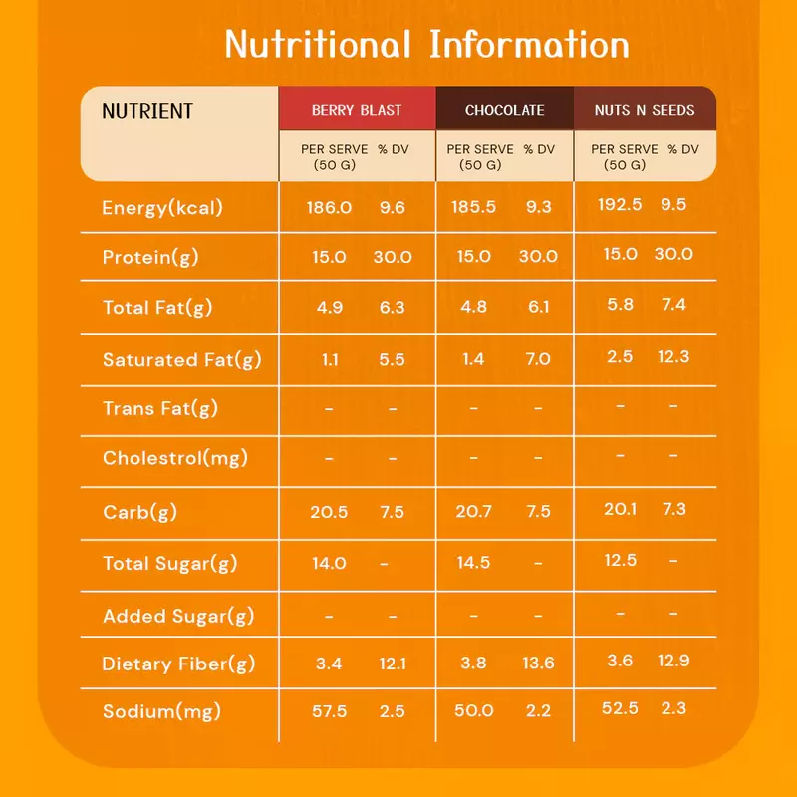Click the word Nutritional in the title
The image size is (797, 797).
click(x=318, y=44)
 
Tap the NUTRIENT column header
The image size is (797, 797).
click(x=147, y=111)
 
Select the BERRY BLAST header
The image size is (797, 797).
click(x=357, y=110)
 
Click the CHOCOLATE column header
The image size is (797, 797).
click(x=505, y=110)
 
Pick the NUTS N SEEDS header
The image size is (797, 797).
click(x=645, y=110)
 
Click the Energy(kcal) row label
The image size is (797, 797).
click(x=162, y=208)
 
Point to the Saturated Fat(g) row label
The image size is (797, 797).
click(x=182, y=360)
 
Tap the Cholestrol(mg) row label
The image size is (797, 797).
click(x=175, y=458)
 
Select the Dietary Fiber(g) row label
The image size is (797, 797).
click(x=178, y=664)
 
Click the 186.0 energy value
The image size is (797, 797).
click(x=329, y=207)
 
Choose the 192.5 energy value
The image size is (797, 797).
click(x=620, y=204)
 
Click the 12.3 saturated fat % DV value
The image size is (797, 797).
click(x=673, y=356)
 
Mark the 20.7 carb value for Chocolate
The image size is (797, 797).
click(x=474, y=511)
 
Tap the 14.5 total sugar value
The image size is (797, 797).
click(x=473, y=562)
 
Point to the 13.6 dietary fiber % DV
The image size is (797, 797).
click(x=538, y=663)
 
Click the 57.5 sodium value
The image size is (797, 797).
click(x=329, y=711)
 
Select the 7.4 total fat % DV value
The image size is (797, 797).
click(x=674, y=304)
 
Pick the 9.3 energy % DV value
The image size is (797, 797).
click(x=538, y=207)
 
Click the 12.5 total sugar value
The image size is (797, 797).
click(x=620, y=560)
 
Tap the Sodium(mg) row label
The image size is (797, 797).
click(x=161, y=711)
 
